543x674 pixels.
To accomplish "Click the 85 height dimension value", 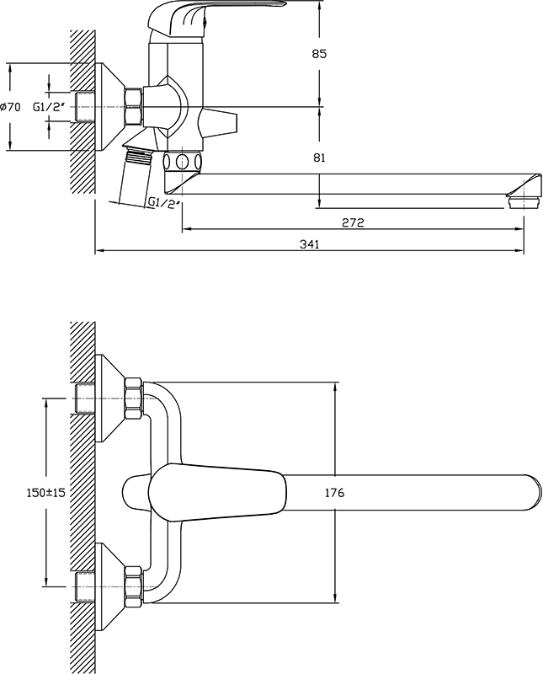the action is pyautogui.click(x=319, y=54).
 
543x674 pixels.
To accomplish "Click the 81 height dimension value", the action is pyautogui.click(x=319, y=158).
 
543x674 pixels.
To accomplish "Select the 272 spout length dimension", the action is pyautogui.click(x=353, y=222).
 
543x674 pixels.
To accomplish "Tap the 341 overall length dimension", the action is pyautogui.click(x=309, y=244).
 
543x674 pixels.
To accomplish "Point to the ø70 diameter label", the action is pyautogui.click(x=10, y=107).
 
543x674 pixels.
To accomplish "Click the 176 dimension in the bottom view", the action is pyautogui.click(x=335, y=493).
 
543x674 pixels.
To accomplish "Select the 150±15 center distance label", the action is pyautogui.click(x=46, y=493).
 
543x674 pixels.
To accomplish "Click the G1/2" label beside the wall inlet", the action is pyautogui.click(x=50, y=107).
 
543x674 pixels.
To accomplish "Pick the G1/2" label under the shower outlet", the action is pyautogui.click(x=163, y=201).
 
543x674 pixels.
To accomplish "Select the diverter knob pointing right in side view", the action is pyautogui.click(x=218, y=121).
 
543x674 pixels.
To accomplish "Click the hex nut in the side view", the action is pyautogui.click(x=133, y=107).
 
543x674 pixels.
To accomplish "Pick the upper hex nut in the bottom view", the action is pyautogui.click(x=133, y=398).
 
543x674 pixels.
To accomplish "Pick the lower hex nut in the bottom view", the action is pyautogui.click(x=133, y=586).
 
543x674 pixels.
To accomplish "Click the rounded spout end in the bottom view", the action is pyautogui.click(x=533, y=493).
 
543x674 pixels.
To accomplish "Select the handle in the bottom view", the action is pyautogui.click(x=217, y=493).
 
